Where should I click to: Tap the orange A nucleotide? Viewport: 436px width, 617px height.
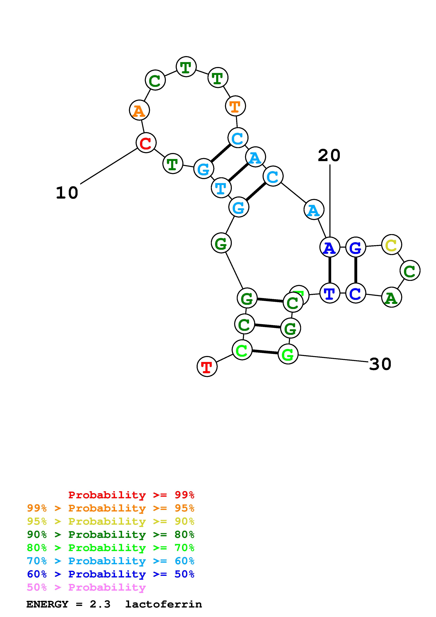[x=139, y=110]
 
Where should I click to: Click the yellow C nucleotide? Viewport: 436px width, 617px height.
[x=391, y=244]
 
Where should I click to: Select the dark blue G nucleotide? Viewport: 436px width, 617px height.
[x=356, y=247]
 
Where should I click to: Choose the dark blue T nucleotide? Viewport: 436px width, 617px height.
[x=330, y=293]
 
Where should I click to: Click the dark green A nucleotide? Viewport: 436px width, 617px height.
[x=391, y=297]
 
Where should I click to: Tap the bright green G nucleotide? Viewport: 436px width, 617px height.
[x=288, y=354]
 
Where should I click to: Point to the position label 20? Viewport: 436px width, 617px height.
[x=329, y=156]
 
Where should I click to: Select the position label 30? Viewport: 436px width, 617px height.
[x=380, y=364]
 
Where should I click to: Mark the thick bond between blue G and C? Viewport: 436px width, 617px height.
[x=356, y=270]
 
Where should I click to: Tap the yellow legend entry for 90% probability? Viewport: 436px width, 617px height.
[x=111, y=521]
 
